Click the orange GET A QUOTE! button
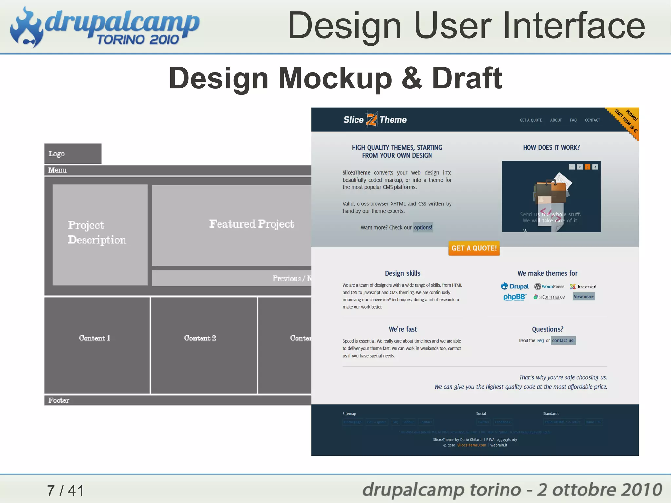point(474,248)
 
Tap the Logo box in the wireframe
point(73,153)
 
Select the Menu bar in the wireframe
point(177,170)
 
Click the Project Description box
point(100,234)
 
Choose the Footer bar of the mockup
point(177,400)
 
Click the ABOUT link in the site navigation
point(556,120)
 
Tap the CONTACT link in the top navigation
point(592,120)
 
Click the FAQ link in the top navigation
point(573,120)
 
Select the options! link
point(423,227)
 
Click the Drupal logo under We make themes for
point(515,286)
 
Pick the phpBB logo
point(514,297)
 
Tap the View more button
point(584,297)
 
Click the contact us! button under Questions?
point(563,340)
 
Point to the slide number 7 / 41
point(65,491)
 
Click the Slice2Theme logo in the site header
point(375,120)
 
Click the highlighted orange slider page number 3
point(587,167)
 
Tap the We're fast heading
point(403,329)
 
